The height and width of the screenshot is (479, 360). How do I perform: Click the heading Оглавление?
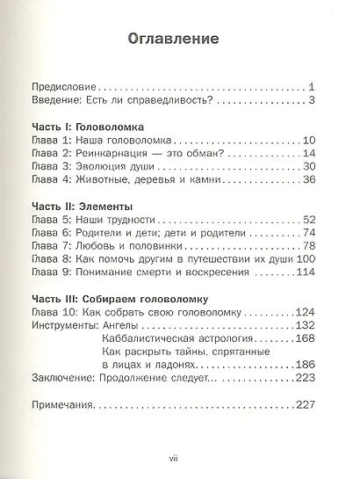pos(180,40)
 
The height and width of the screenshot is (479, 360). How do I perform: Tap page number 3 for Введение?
pos(310,102)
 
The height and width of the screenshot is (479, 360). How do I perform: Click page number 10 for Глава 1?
pos(307,142)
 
